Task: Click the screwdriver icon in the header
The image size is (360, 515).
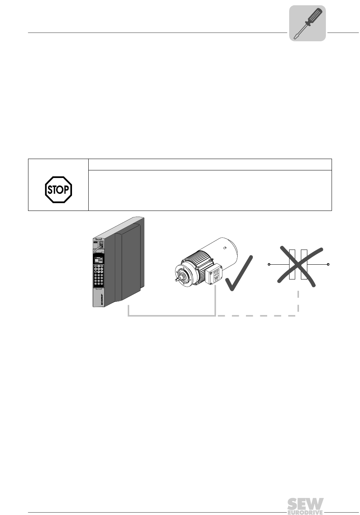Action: point(308,23)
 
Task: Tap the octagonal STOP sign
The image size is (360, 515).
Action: point(58,189)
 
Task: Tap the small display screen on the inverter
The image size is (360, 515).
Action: point(99,259)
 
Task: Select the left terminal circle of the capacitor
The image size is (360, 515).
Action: point(269,264)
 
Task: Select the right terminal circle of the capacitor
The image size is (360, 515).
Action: point(328,264)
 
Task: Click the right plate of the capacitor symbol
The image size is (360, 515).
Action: point(304,264)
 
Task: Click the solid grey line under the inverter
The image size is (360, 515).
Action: point(171,315)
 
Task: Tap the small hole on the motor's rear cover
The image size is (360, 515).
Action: point(225,248)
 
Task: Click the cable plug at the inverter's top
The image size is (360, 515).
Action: point(101,244)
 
